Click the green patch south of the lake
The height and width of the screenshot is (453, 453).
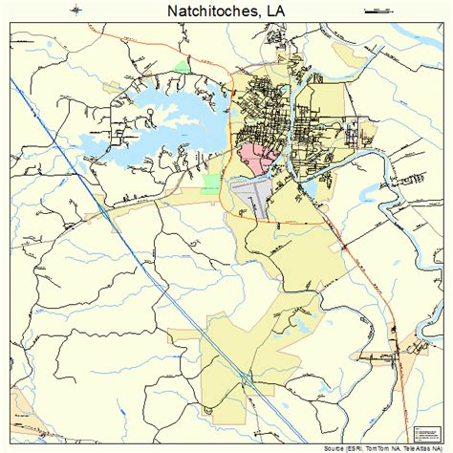[210, 182]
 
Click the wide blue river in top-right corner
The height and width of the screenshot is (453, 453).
[421, 38]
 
